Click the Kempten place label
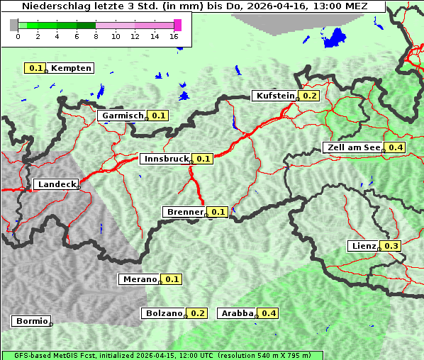(71, 68)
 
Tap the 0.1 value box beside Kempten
(36, 68)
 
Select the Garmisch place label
(123, 115)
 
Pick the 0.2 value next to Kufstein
(310, 96)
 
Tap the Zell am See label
(353, 147)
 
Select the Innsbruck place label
(165, 159)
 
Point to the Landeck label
(56, 184)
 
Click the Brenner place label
(184, 211)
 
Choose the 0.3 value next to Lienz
(391, 246)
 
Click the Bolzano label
(164, 313)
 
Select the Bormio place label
(31, 321)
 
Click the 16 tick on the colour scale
(174, 36)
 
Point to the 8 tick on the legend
(96, 36)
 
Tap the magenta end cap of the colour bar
(177, 25)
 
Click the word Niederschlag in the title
(51, 6)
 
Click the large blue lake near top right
(334, 38)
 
